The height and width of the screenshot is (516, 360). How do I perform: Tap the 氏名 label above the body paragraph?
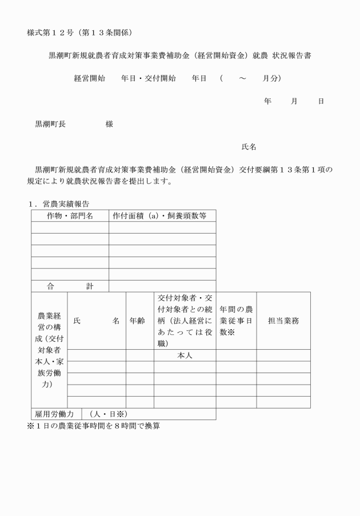(249, 147)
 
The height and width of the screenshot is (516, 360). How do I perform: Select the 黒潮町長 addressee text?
(50, 124)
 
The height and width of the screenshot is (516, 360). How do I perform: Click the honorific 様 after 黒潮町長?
(109, 124)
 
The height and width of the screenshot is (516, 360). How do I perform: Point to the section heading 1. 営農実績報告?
(58, 203)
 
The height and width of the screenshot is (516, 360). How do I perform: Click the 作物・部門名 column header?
(70, 215)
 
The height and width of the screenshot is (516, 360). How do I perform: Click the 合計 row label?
(70, 286)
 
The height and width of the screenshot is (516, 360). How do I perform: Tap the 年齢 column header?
(139, 321)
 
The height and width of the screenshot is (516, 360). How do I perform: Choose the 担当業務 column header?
(283, 321)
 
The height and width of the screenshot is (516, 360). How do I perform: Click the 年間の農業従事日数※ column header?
(235, 321)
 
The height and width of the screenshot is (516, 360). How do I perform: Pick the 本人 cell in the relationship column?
(184, 355)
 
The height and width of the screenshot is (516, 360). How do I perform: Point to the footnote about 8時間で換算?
(94, 426)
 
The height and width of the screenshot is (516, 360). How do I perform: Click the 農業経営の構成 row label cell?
(49, 350)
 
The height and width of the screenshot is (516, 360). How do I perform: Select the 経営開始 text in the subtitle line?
(89, 78)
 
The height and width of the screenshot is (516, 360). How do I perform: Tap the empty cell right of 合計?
(162, 286)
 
